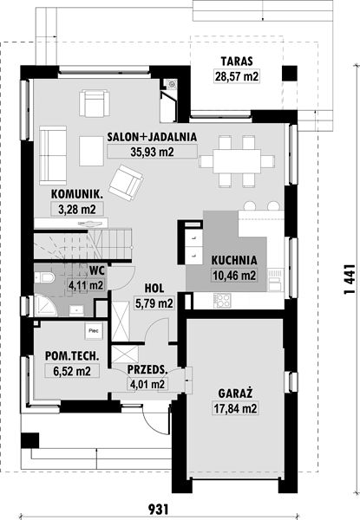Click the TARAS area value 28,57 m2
point(237,76)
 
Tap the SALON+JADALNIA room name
point(152,137)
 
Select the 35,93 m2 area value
point(152,152)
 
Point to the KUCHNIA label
point(234,260)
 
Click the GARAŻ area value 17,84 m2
point(235,408)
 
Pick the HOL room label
point(154,289)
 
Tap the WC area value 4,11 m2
point(86,285)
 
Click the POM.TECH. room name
point(72,356)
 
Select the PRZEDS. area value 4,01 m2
point(147,384)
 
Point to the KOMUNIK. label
point(77,194)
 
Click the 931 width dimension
point(158,509)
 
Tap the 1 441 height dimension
point(350,279)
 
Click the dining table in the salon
point(237,161)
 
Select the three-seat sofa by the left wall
point(53,155)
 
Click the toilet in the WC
point(44,277)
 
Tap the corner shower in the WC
point(45,305)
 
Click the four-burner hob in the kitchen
point(222,301)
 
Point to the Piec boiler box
point(94,331)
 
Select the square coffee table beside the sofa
point(92,151)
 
